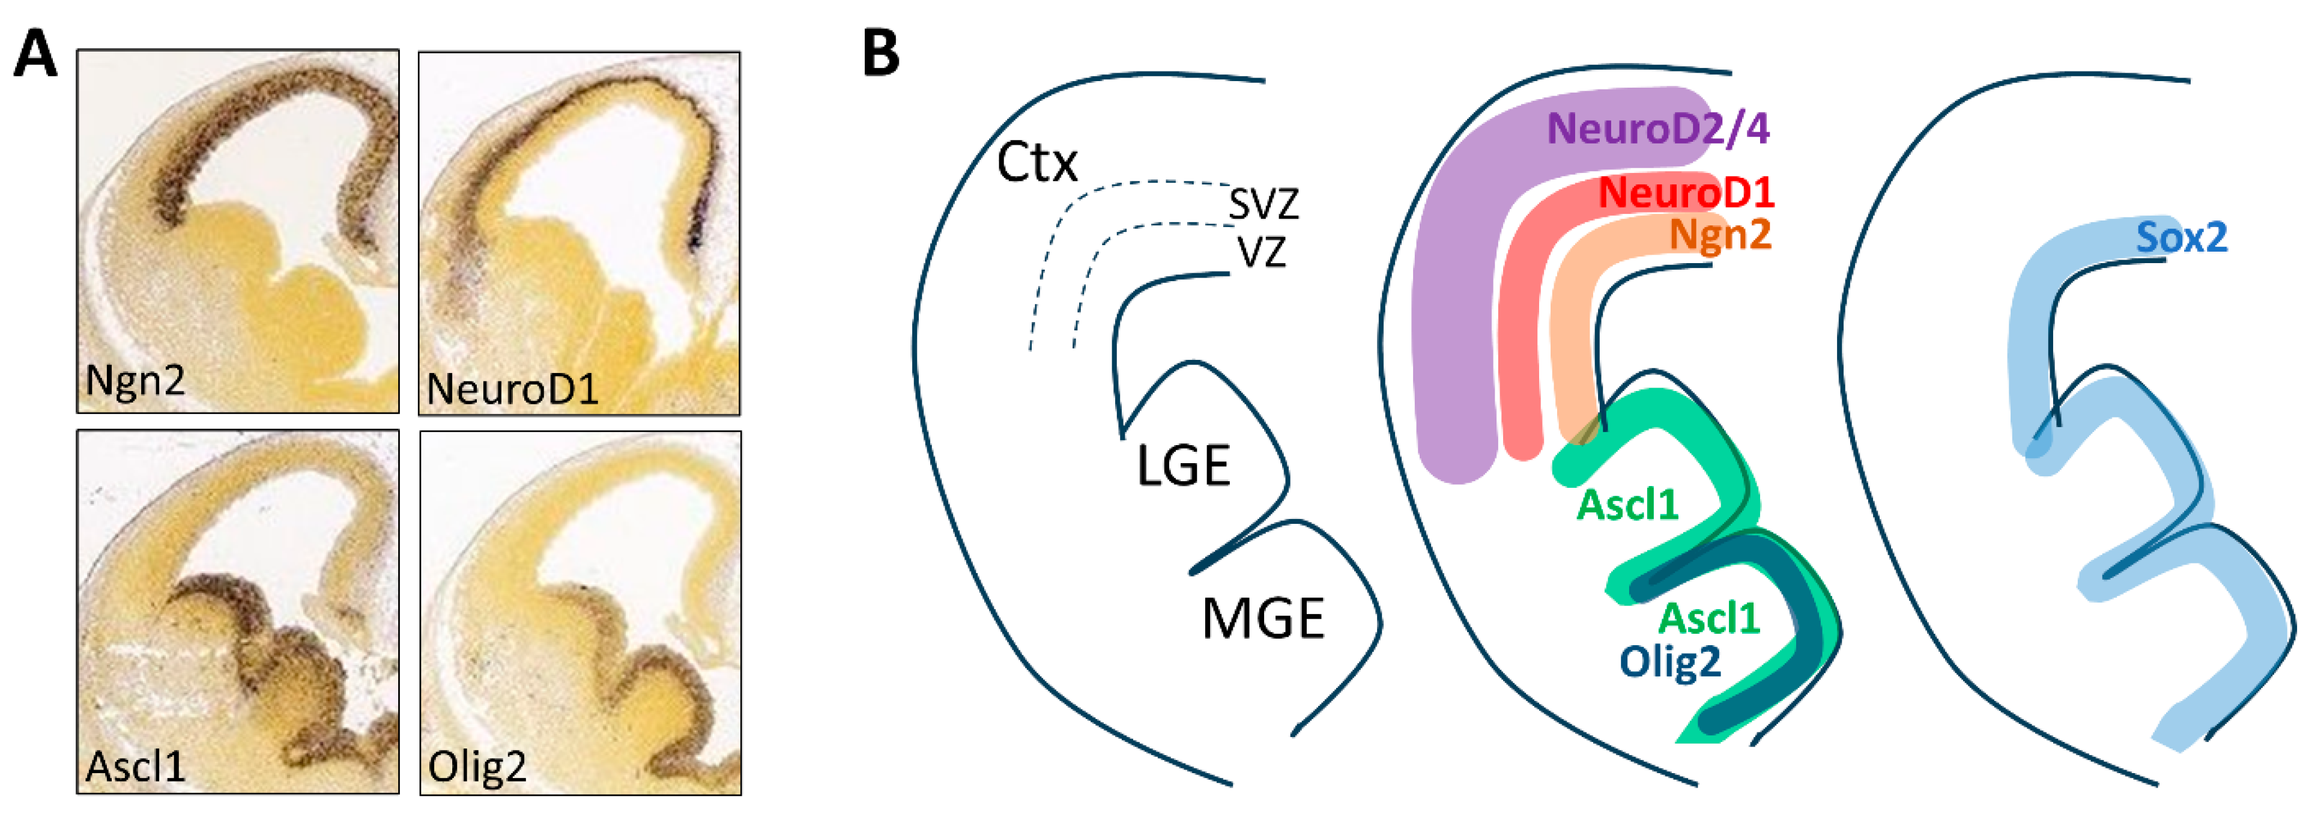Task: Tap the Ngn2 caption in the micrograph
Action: click(135, 380)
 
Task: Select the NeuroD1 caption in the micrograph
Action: click(512, 389)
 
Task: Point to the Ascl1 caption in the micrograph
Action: click(135, 767)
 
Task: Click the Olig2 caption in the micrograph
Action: click(477, 767)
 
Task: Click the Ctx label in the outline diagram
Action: click(1036, 163)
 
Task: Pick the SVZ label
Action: click(1263, 205)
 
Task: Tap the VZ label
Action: click(1262, 252)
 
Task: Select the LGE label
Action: click(1183, 467)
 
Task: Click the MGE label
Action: click(1263, 619)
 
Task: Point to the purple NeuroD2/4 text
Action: click(1657, 129)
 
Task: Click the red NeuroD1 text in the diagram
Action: click(1686, 193)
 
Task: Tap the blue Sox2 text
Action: click(2181, 238)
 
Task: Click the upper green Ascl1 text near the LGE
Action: click(1627, 505)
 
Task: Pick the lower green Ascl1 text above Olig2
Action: click(1708, 618)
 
